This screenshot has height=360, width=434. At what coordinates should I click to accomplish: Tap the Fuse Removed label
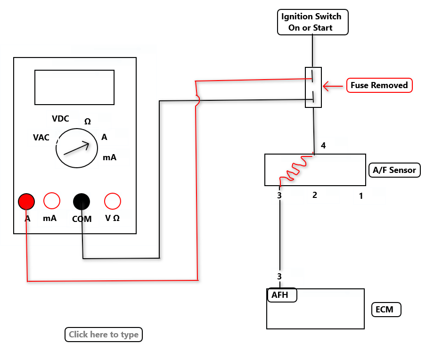pos(379,85)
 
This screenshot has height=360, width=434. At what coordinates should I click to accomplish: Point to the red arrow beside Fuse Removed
pos(333,86)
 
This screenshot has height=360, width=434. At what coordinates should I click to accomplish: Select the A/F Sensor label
pos(394,170)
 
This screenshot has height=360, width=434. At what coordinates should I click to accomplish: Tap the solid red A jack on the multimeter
pos(26,202)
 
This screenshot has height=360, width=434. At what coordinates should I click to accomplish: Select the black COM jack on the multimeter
pos(82,201)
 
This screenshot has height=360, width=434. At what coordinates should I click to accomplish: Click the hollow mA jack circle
pos(52,201)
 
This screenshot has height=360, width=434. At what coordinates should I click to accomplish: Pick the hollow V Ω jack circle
pos(112,201)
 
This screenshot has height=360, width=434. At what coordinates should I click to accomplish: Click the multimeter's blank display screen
pos(74,87)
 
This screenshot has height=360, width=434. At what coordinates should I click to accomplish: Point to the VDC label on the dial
pos(60,119)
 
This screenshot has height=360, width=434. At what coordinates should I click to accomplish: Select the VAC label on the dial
pos(41,138)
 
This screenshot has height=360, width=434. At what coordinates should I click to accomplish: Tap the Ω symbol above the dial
pos(88,122)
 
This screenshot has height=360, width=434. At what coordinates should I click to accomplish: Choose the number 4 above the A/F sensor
pos(323,146)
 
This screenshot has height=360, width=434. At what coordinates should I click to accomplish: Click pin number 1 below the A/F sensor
pos(361,196)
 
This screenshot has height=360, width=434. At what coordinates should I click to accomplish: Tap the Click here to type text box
pos(104,335)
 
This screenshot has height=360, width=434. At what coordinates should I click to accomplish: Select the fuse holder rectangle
pos(313,87)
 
